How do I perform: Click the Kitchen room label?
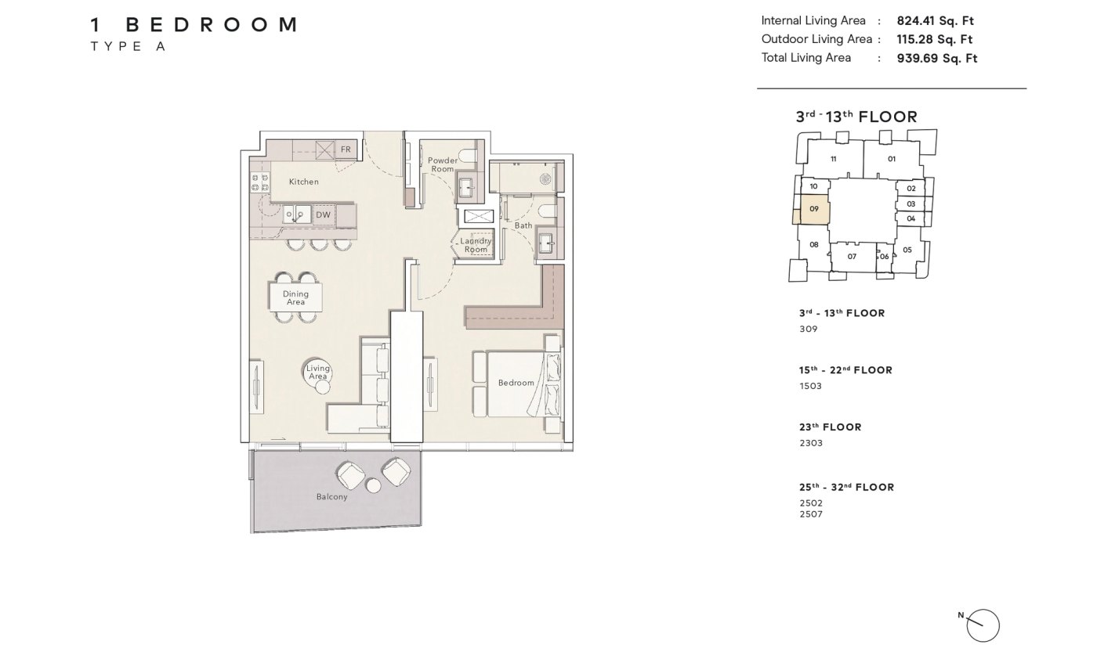click(x=304, y=182)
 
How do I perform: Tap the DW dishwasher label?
click(x=323, y=214)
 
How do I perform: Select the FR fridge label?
click(x=346, y=149)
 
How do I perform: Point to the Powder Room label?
click(x=443, y=164)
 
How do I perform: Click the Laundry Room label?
click(x=476, y=245)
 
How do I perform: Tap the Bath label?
click(x=523, y=225)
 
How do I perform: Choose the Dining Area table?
click(x=295, y=297)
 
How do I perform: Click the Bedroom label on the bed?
click(x=516, y=383)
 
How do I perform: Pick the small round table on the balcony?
click(x=373, y=486)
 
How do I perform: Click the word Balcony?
click(x=331, y=497)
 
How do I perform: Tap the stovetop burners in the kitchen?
click(x=260, y=183)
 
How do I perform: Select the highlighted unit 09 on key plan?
click(x=814, y=209)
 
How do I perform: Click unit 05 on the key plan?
click(x=907, y=250)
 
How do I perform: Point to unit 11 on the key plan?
click(x=834, y=159)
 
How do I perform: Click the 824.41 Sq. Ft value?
click(x=936, y=21)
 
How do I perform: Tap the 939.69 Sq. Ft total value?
click(x=937, y=59)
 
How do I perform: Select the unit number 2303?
click(x=811, y=443)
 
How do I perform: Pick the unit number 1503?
click(x=810, y=386)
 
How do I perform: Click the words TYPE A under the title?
click(x=128, y=46)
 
